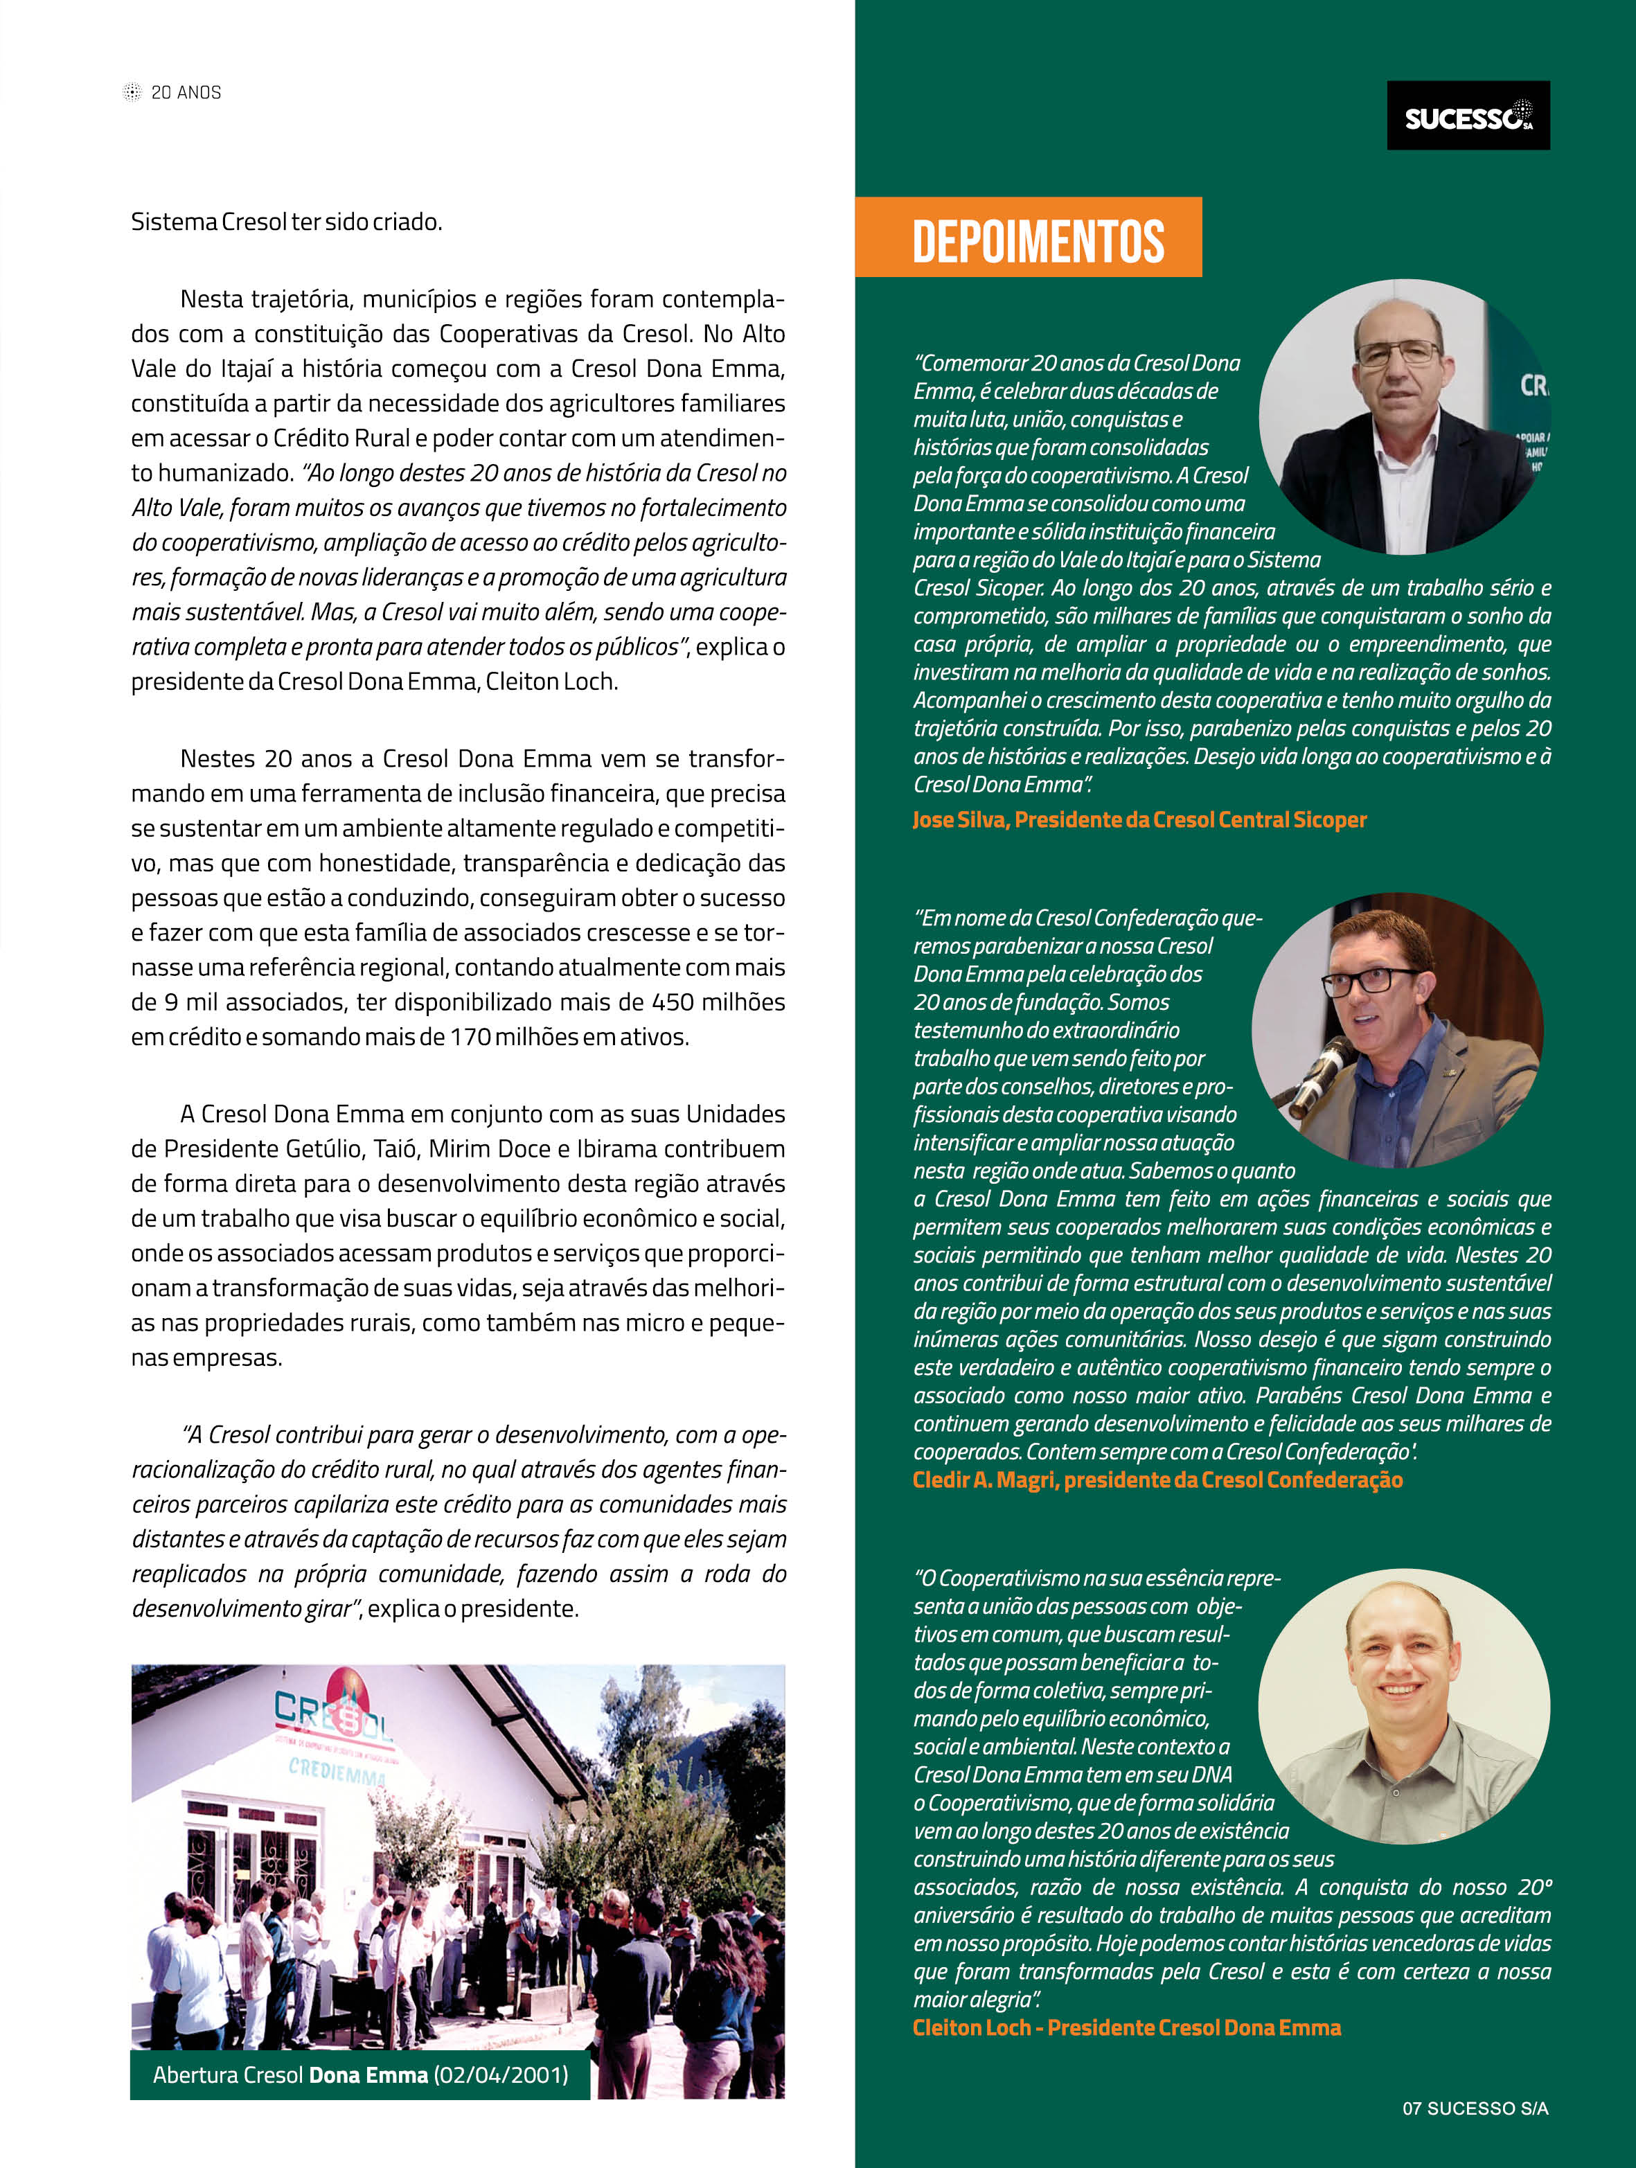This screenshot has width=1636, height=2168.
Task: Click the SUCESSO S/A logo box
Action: [1468, 116]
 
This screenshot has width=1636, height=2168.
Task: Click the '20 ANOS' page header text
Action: [186, 92]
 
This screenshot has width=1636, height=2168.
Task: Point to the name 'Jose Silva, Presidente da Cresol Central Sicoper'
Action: [1139, 819]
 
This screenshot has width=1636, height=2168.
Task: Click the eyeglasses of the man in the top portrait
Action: [1400, 353]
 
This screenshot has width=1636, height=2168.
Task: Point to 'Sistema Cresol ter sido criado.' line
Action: [286, 222]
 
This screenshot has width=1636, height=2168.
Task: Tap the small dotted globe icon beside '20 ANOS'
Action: [132, 92]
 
